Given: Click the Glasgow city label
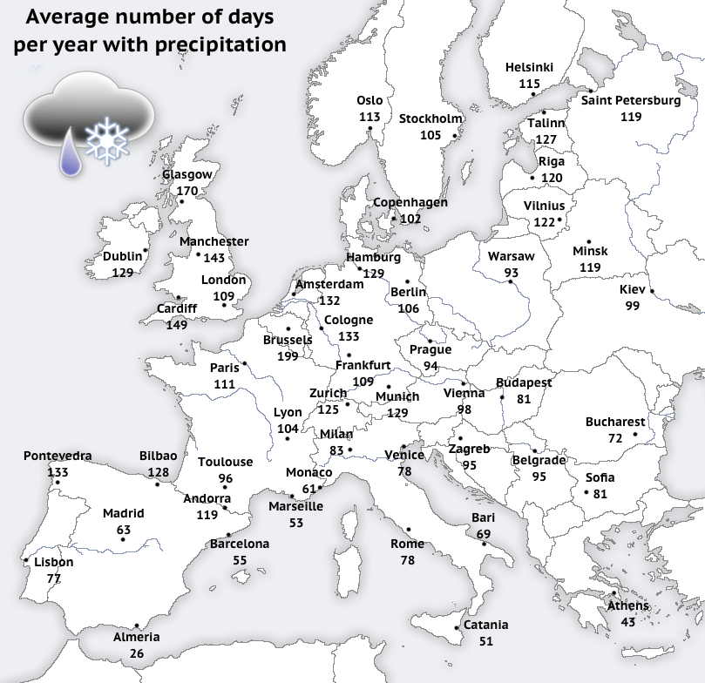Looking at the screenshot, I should [187, 174].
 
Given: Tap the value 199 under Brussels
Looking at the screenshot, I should [287, 355].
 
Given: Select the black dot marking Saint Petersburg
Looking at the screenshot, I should [590, 91].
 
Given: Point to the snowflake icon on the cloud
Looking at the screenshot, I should [106, 139].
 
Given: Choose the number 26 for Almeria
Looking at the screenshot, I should [137, 653].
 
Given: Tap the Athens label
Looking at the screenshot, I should [627, 606].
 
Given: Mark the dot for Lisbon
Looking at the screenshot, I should [26, 560].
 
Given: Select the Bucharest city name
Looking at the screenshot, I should [615, 422].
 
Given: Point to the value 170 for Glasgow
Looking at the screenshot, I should [187, 190].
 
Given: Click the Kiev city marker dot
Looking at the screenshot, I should [651, 291].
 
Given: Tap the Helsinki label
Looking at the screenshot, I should [529, 68].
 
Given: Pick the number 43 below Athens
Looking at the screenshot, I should [627, 622].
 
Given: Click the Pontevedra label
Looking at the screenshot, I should [58, 456].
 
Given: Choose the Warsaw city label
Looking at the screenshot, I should [511, 257].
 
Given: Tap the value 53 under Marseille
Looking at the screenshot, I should [296, 522].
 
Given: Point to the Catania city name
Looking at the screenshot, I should [485, 625].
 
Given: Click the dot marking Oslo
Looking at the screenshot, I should [369, 129].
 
